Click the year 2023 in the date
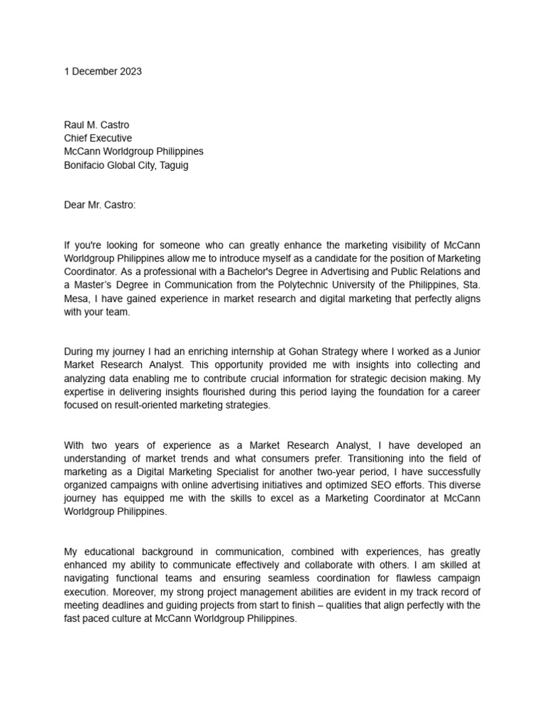point(130,72)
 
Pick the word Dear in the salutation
point(75,205)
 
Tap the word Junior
point(466,352)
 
